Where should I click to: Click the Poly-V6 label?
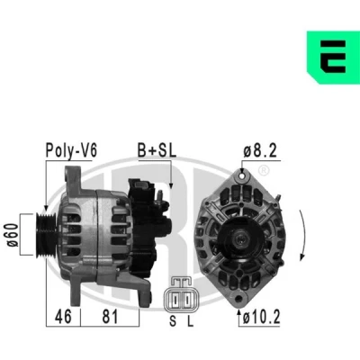click(71, 150)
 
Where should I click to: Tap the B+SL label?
click(157, 150)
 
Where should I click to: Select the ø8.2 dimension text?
click(260, 150)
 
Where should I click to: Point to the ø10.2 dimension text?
click(261, 317)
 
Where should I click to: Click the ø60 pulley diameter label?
click(13, 235)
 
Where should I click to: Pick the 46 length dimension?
click(63, 317)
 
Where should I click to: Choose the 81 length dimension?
click(110, 317)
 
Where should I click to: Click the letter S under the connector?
click(173, 321)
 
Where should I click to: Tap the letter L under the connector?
click(191, 321)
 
